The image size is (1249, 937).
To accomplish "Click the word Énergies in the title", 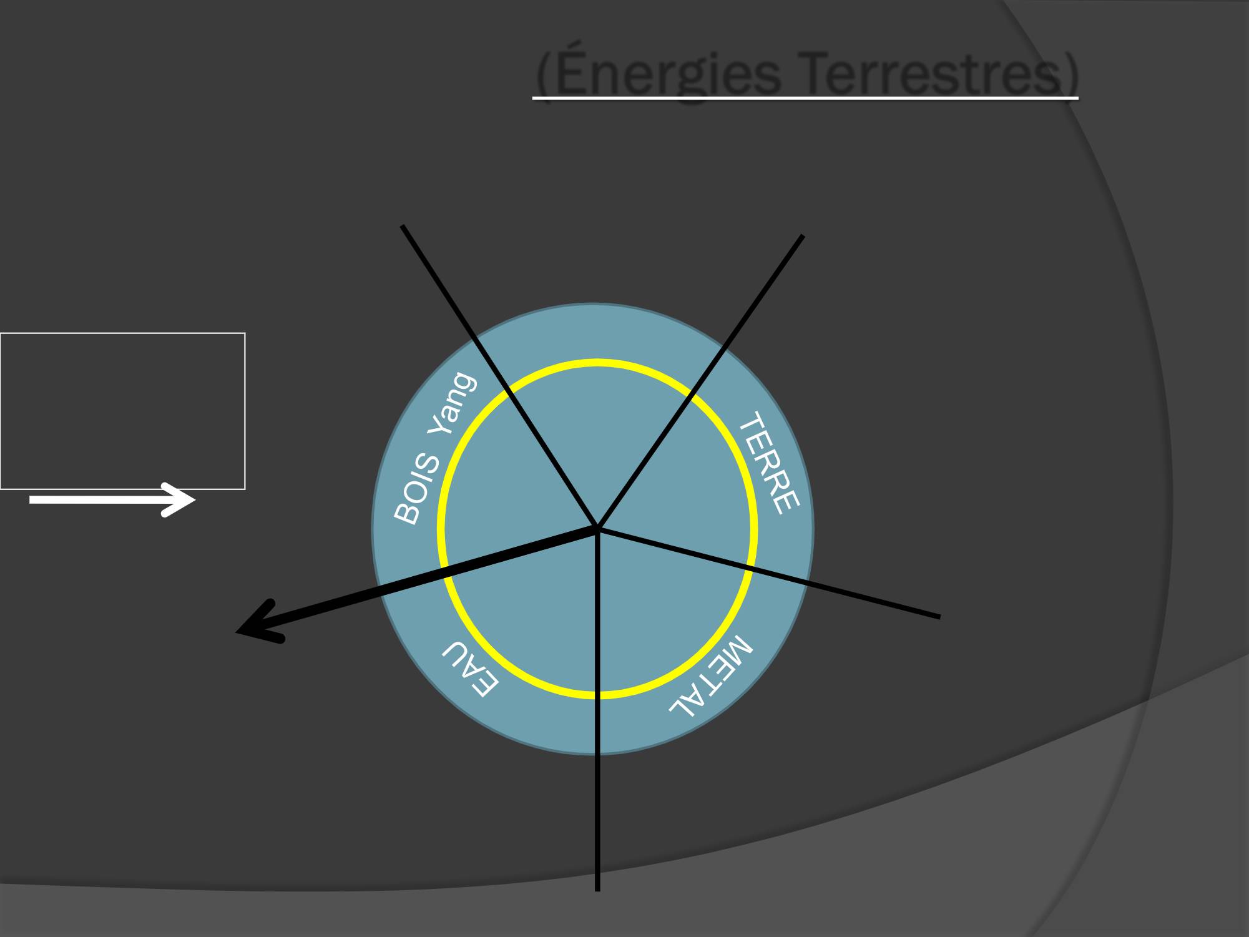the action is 668,72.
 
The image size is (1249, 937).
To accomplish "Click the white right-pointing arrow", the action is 112,499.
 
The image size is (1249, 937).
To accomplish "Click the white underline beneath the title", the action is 805,98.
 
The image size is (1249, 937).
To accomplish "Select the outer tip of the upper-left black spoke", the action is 403,226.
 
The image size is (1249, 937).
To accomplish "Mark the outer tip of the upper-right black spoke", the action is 803,236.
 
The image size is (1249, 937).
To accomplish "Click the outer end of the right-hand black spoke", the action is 939,617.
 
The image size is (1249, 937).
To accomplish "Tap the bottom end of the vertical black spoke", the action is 597,890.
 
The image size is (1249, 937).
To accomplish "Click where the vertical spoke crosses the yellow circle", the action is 597,695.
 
